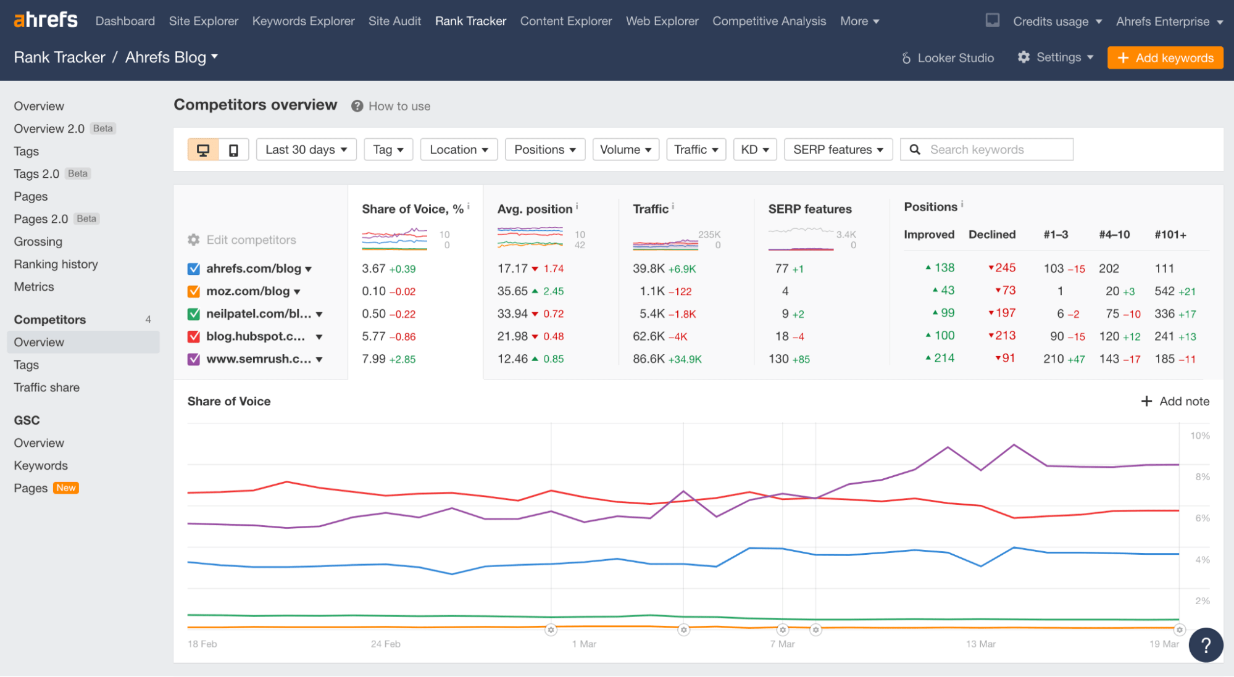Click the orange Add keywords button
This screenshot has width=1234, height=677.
pyautogui.click(x=1165, y=58)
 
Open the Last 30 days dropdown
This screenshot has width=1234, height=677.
pyautogui.click(x=306, y=150)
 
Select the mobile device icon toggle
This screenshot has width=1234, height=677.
pyautogui.click(x=233, y=150)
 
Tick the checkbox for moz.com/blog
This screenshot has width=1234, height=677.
pyautogui.click(x=194, y=291)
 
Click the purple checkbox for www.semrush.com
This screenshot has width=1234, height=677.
pyautogui.click(x=194, y=359)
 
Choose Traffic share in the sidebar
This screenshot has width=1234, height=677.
pyautogui.click(x=47, y=388)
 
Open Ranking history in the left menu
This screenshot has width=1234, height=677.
pyautogui.click(x=56, y=264)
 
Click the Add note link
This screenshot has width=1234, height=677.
pyautogui.click(x=1175, y=401)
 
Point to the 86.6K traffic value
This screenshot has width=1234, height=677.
pyautogui.click(x=648, y=359)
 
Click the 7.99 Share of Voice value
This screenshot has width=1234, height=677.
pyautogui.click(x=373, y=359)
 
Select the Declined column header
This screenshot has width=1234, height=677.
pyautogui.click(x=992, y=235)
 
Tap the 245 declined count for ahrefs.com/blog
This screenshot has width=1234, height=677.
pyautogui.click(x=1004, y=268)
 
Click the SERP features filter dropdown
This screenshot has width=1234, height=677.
pyautogui.click(x=838, y=150)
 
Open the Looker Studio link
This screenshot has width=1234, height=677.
pyautogui.click(x=948, y=58)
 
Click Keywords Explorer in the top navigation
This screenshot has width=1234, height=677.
pyautogui.click(x=303, y=21)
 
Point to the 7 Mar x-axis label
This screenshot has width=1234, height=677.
pyautogui.click(x=782, y=644)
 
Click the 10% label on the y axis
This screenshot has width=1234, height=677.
pyautogui.click(x=1199, y=436)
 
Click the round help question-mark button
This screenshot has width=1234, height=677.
pyautogui.click(x=1205, y=645)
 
